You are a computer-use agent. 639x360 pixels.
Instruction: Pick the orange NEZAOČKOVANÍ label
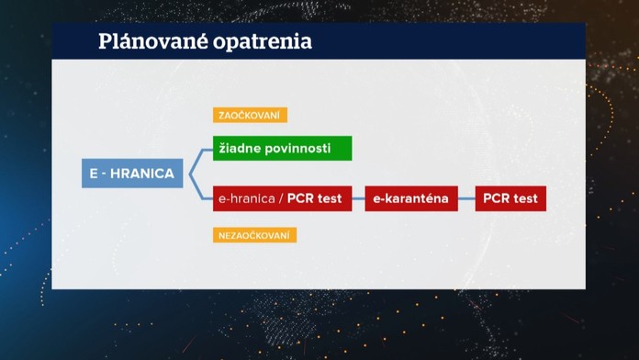click(255, 235)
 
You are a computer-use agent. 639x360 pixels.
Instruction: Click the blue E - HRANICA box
click(133, 173)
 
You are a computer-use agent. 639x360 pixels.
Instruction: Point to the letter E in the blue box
click(94, 173)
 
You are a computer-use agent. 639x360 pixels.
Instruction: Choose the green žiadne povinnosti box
click(282, 148)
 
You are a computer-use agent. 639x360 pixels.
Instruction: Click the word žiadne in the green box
click(238, 148)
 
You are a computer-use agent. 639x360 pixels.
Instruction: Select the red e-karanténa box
click(410, 198)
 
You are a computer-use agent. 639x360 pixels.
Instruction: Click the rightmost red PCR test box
click(510, 198)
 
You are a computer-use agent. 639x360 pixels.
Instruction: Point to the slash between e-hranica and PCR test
click(281, 198)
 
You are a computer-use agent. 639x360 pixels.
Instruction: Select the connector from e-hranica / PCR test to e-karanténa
click(358, 198)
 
